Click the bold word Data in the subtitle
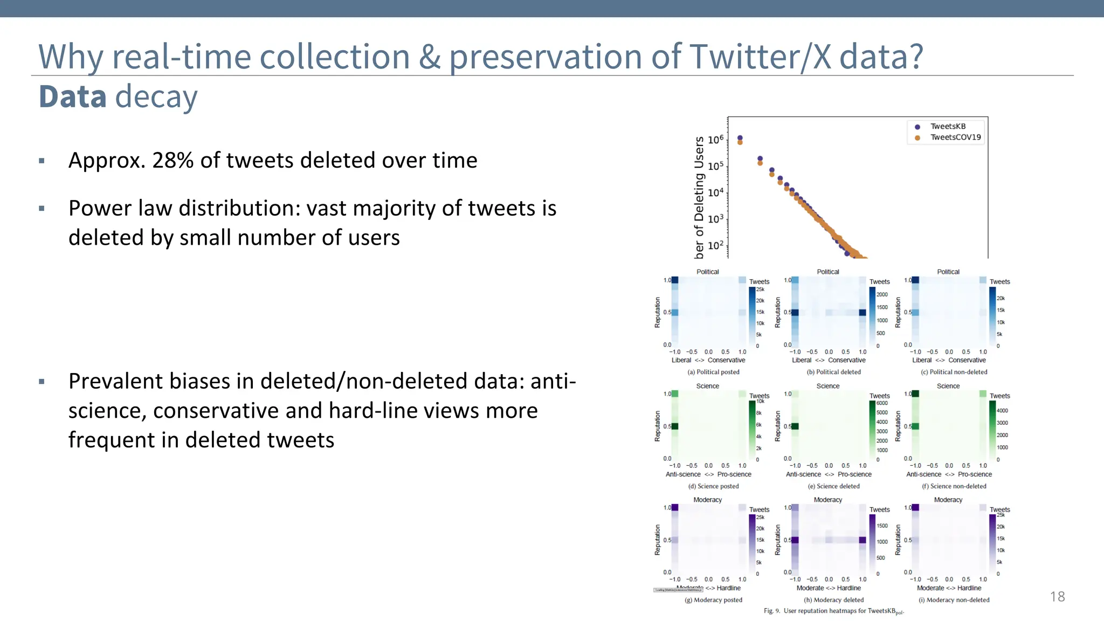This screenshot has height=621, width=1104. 72,97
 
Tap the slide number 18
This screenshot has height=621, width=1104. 1057,596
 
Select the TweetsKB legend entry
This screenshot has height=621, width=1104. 948,126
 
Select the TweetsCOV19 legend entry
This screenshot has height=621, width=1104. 955,137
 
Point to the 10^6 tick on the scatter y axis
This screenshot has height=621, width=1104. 715,140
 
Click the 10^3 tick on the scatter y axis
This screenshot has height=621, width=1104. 715,219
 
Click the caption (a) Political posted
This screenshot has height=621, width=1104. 713,372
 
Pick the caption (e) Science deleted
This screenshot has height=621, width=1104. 833,486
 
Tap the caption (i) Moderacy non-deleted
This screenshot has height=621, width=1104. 954,600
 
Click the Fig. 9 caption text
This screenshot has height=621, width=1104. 833,611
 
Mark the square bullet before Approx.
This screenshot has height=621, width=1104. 42,161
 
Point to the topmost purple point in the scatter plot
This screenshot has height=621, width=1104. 740,138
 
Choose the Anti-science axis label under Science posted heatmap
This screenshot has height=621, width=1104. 683,474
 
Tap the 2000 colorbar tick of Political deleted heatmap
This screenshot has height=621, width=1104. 882,294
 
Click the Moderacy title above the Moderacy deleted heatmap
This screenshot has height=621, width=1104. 827,500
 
